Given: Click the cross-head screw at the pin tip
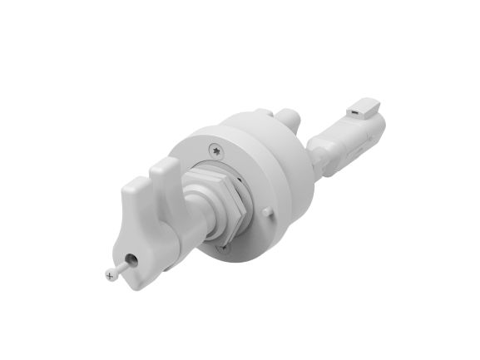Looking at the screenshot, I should pyautogui.click(x=111, y=274).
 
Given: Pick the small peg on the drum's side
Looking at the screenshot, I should pyautogui.click(x=266, y=212).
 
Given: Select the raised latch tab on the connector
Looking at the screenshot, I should pyautogui.click(x=364, y=106).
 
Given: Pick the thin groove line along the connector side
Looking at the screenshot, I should pyautogui.click(x=358, y=150).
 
